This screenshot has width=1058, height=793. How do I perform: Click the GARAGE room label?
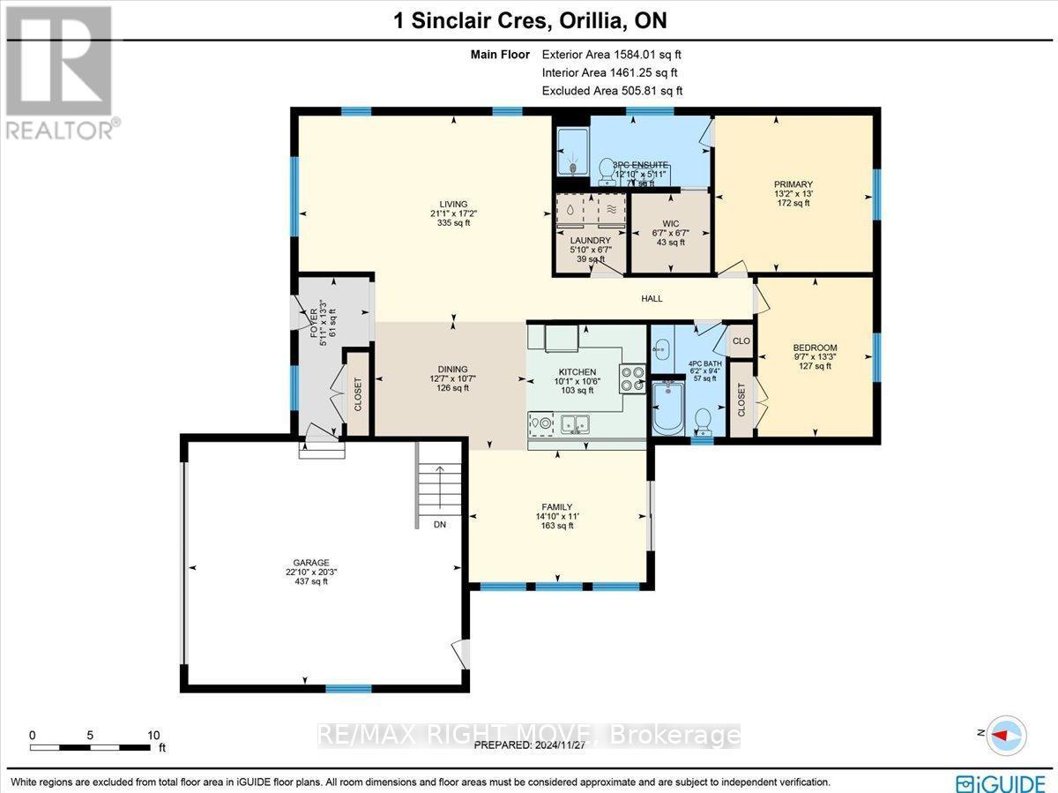(x=312, y=562)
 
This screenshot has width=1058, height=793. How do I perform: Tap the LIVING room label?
(x=455, y=205)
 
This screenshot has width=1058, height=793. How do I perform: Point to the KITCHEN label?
(x=577, y=372)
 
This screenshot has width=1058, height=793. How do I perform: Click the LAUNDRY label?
(x=591, y=240)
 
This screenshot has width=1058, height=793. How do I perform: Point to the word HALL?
(x=652, y=299)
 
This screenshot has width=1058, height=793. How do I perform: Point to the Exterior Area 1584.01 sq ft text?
(x=612, y=55)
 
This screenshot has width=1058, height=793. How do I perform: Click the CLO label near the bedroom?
(x=741, y=340)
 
